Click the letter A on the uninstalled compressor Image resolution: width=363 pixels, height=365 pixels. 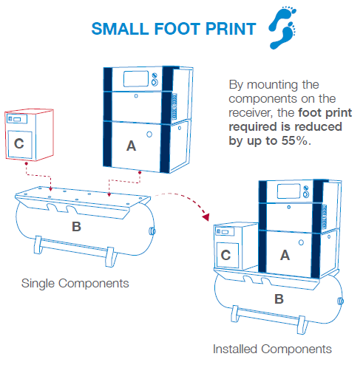pyautogui.click(x=131, y=146)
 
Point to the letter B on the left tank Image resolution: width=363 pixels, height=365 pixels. pyautogui.click(x=75, y=226)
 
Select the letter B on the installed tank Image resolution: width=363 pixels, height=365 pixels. pyautogui.click(x=279, y=299)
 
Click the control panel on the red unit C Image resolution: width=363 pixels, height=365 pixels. pyautogui.click(x=23, y=117)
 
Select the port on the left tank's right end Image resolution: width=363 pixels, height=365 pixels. pyautogui.click(x=152, y=231)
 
